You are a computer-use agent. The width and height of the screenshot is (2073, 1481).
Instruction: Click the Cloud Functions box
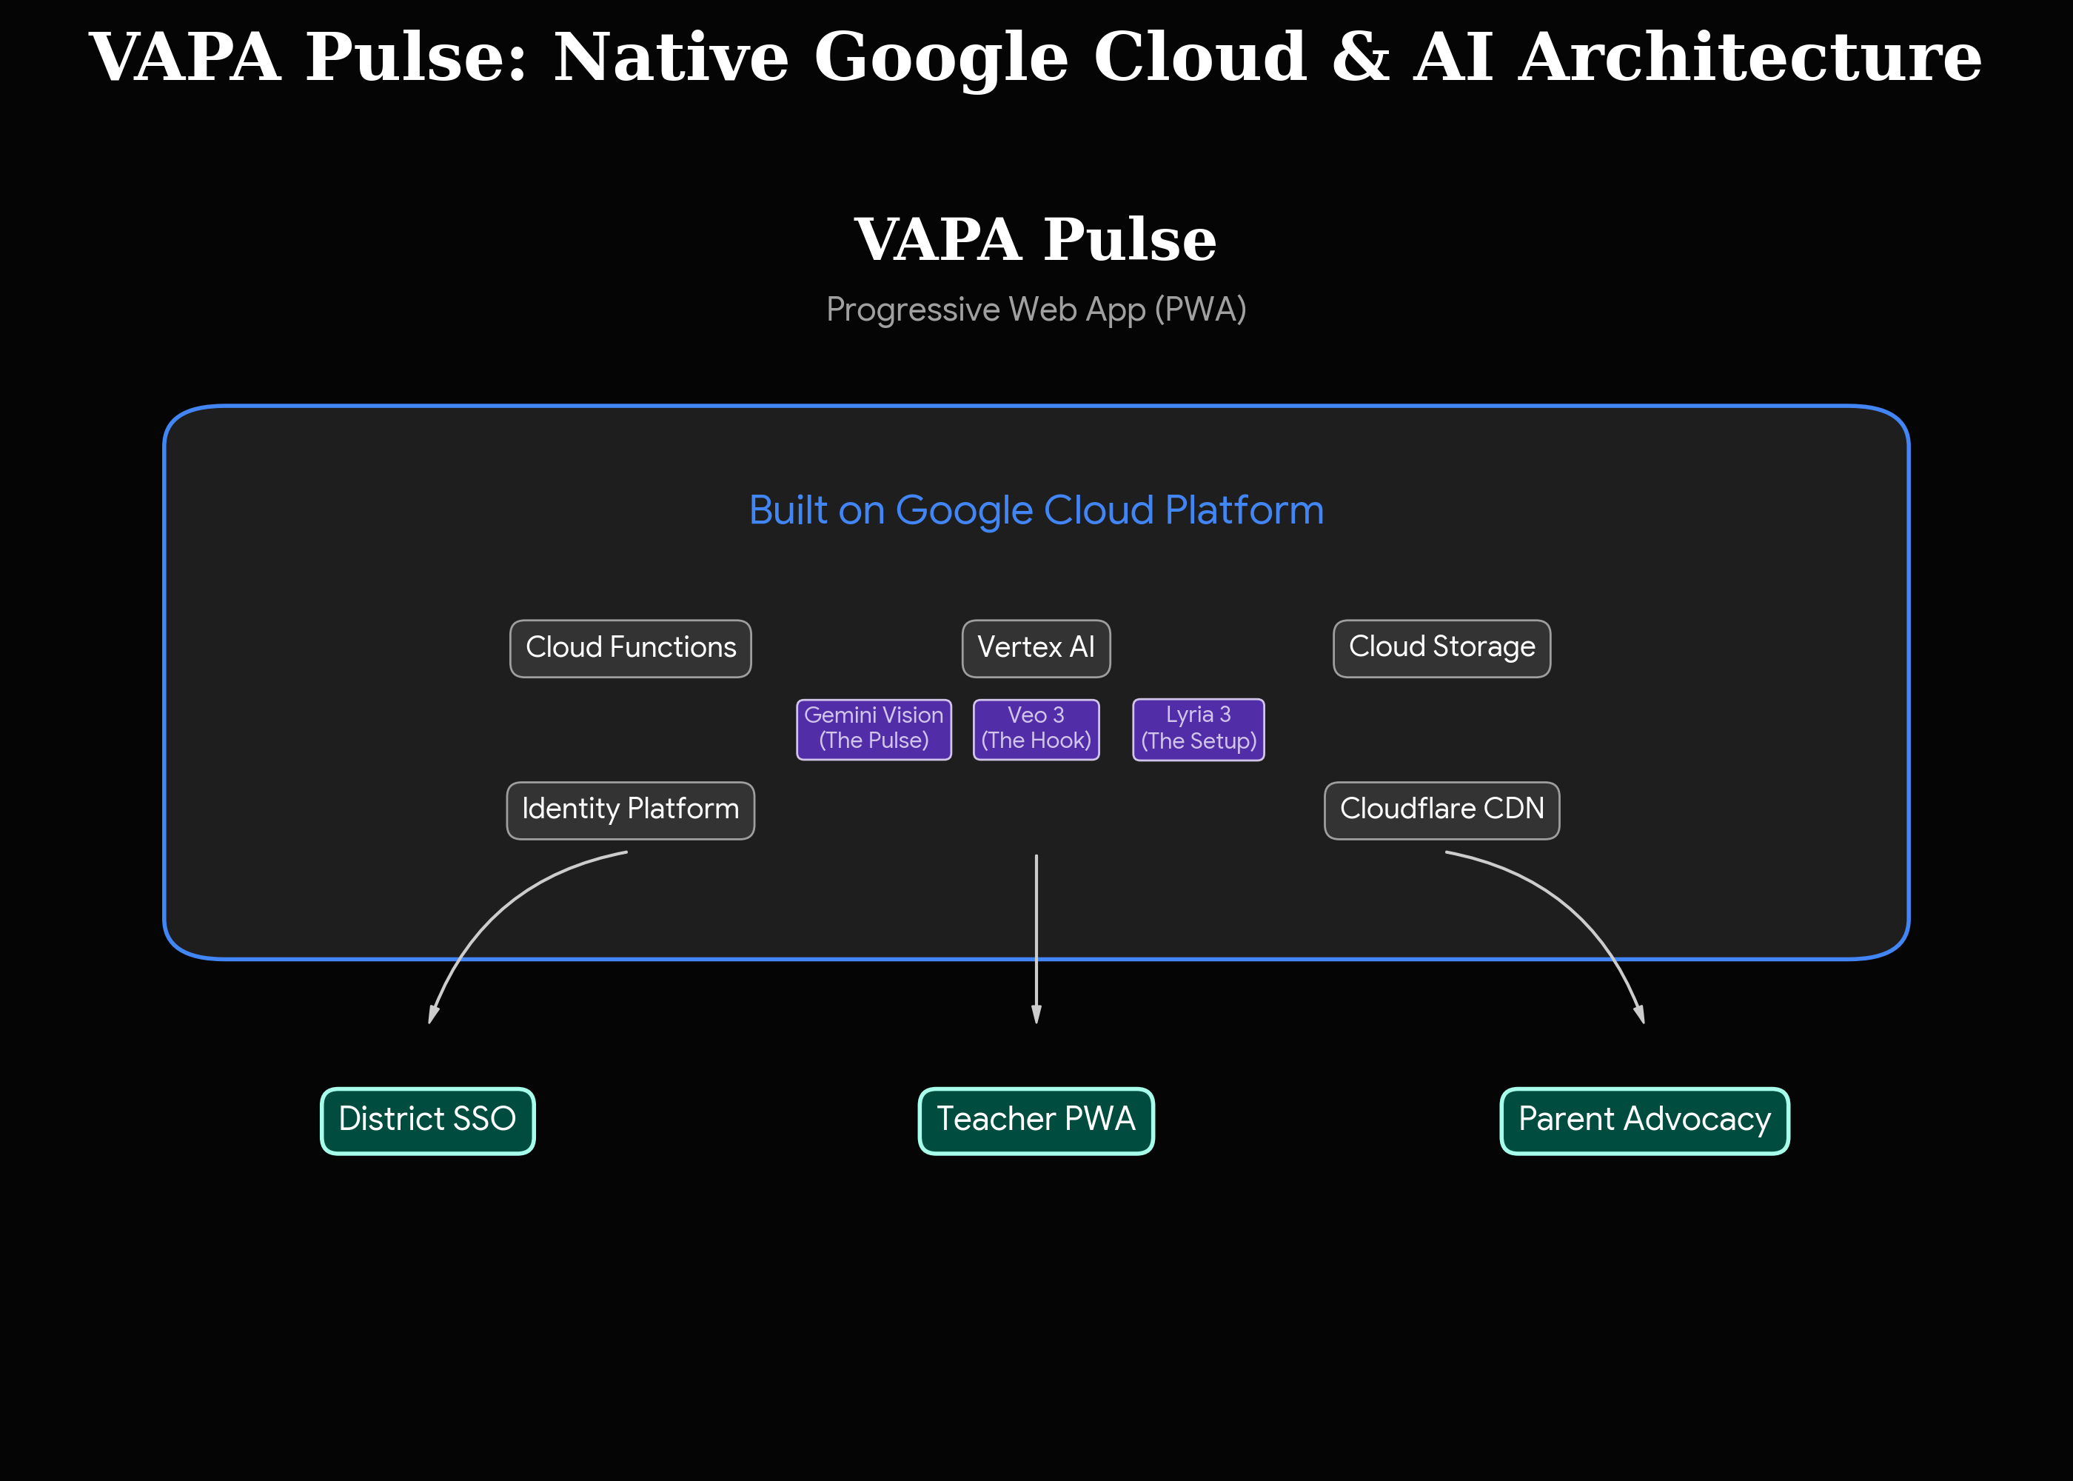pyautogui.click(x=630, y=649)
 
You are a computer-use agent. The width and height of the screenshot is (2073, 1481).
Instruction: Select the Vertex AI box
pyautogui.click(x=1036, y=649)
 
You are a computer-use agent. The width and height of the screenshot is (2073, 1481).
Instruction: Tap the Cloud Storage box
pyautogui.click(x=1441, y=649)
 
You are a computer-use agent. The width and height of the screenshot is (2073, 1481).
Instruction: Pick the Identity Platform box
pyautogui.click(x=630, y=810)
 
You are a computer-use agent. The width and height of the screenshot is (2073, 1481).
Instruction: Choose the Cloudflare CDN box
pyautogui.click(x=1441, y=810)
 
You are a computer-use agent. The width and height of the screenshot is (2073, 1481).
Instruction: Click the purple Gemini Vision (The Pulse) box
pyautogui.click(x=874, y=729)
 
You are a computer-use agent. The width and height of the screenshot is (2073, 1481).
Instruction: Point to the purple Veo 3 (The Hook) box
pyautogui.click(x=1036, y=729)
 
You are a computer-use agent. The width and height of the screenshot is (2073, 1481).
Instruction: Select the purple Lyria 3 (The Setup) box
pyautogui.click(x=1198, y=729)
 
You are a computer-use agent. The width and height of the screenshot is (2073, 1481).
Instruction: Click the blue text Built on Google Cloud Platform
pyautogui.click(x=1036, y=509)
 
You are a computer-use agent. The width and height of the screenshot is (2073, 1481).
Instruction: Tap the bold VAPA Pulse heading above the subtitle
pyautogui.click(x=1036, y=240)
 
